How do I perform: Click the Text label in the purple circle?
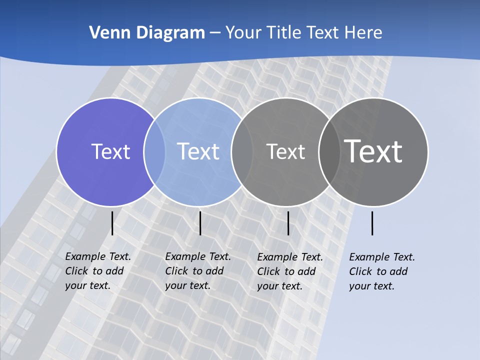[110, 151]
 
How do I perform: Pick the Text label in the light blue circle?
[198, 151]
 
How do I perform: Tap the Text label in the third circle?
[285, 151]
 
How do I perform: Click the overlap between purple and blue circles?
[154, 151]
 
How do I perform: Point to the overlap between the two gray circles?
[328, 151]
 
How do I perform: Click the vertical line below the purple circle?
[112, 223]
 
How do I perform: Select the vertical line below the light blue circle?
[200, 223]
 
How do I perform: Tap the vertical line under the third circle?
[288, 223]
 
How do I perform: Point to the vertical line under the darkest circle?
[372, 223]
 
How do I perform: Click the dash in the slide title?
[215, 33]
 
